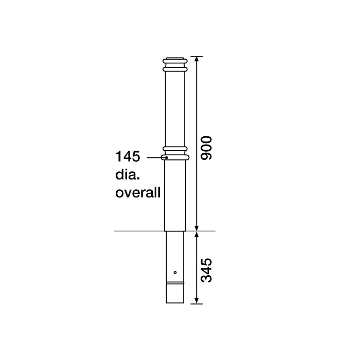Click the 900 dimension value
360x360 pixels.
206,149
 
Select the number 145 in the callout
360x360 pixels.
129,156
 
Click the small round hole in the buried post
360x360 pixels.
175,272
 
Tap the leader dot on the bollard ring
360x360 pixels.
167,157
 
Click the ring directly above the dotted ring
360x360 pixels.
175,150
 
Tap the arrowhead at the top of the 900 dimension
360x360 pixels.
197,58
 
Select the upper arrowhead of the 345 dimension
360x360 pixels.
197,235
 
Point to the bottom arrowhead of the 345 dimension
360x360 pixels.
197,301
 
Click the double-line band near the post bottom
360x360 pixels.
175,283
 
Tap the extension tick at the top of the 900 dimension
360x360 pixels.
196,56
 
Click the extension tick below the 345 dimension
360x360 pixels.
196,304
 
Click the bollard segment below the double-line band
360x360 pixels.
175,294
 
